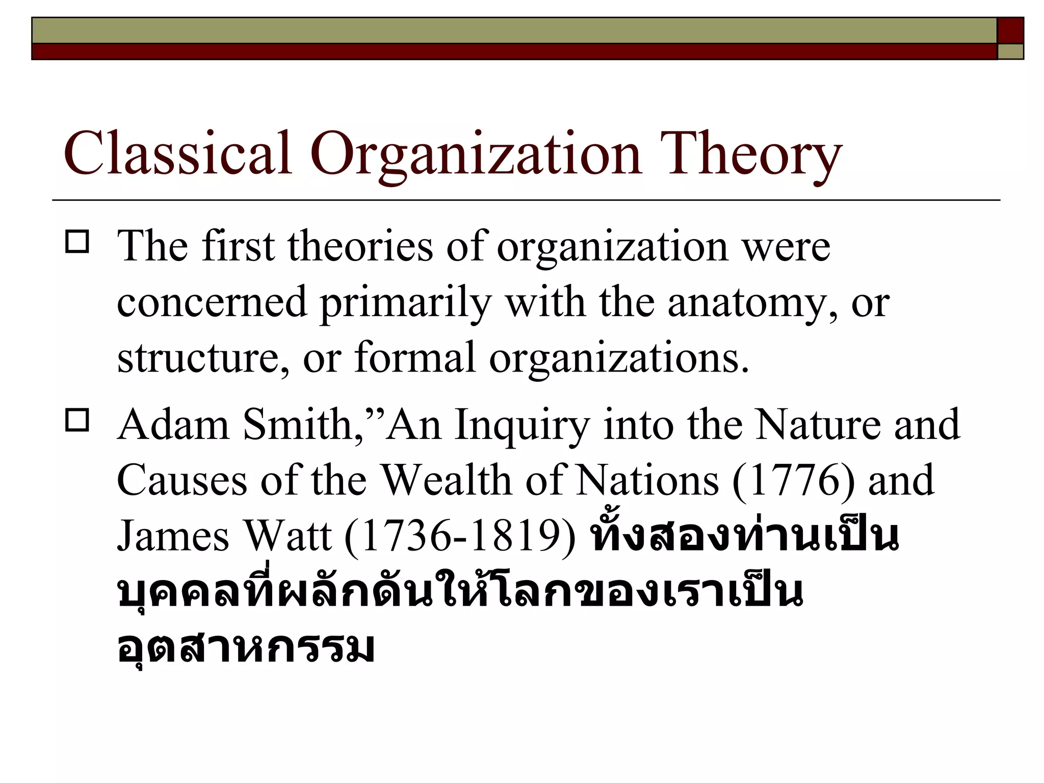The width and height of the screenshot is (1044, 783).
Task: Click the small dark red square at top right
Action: (x=1010, y=30)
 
